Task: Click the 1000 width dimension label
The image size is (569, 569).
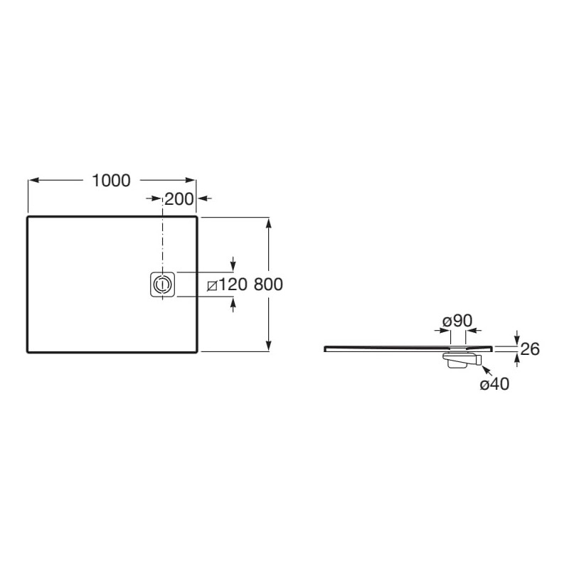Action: click(x=112, y=181)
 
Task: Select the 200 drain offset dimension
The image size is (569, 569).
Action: click(x=179, y=199)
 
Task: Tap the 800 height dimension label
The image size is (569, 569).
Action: click(x=268, y=284)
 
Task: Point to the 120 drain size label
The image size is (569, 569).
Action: click(x=233, y=284)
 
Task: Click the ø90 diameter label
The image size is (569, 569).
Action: click(x=457, y=321)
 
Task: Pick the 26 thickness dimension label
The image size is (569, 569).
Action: click(x=530, y=349)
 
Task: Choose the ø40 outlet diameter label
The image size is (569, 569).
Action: click(x=494, y=383)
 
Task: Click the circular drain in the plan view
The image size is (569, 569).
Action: click(x=162, y=284)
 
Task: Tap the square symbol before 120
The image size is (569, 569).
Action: click(x=212, y=286)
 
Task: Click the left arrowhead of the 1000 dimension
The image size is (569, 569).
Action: click(x=33, y=180)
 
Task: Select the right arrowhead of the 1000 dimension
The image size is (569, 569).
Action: click(x=191, y=180)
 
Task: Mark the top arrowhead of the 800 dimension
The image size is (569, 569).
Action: click(x=269, y=223)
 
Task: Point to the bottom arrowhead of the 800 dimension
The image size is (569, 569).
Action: click(x=269, y=346)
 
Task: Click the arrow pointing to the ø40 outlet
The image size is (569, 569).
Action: click(x=486, y=371)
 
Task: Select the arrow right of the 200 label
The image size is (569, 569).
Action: click(x=206, y=198)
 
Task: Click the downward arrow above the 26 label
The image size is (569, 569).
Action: click(x=517, y=337)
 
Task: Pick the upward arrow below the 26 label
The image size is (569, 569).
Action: click(x=517, y=360)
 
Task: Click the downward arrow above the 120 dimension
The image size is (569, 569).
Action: click(x=233, y=263)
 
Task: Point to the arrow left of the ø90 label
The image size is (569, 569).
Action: click(x=442, y=330)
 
